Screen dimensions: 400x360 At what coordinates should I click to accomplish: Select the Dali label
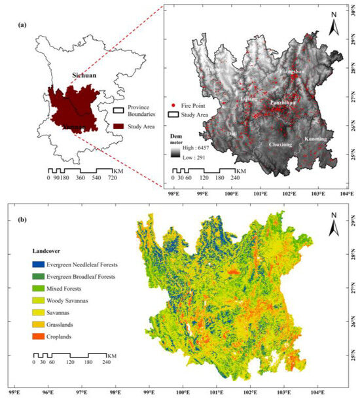232,133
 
